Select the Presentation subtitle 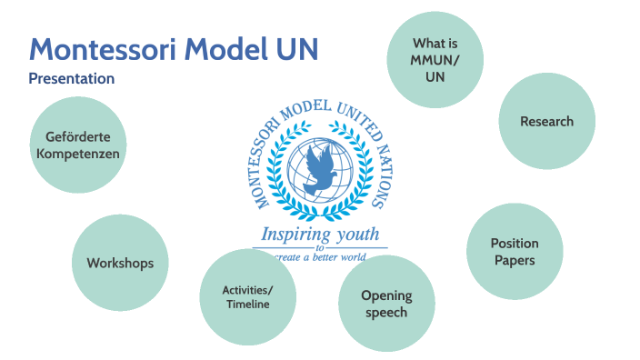coord(72,79)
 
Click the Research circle coord(546,121)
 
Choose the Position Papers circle coord(515,252)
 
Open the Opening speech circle coord(386,304)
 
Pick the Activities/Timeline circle coord(247,297)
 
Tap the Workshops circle coord(120,263)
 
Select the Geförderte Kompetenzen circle coord(78,145)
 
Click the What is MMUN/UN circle coord(435,60)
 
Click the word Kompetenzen coord(78,154)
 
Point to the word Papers coord(515,260)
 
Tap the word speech coord(386,312)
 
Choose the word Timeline coord(247,305)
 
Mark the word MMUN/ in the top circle coord(435,60)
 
